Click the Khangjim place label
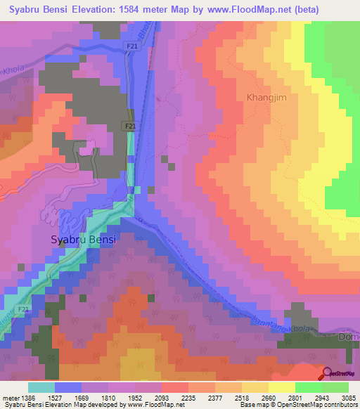tap(266, 98)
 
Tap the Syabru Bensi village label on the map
tap(84, 240)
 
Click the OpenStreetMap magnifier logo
tap(328, 375)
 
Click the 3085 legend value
tap(348, 398)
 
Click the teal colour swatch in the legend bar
tap(41, 387)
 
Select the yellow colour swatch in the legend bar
tap(281, 387)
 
